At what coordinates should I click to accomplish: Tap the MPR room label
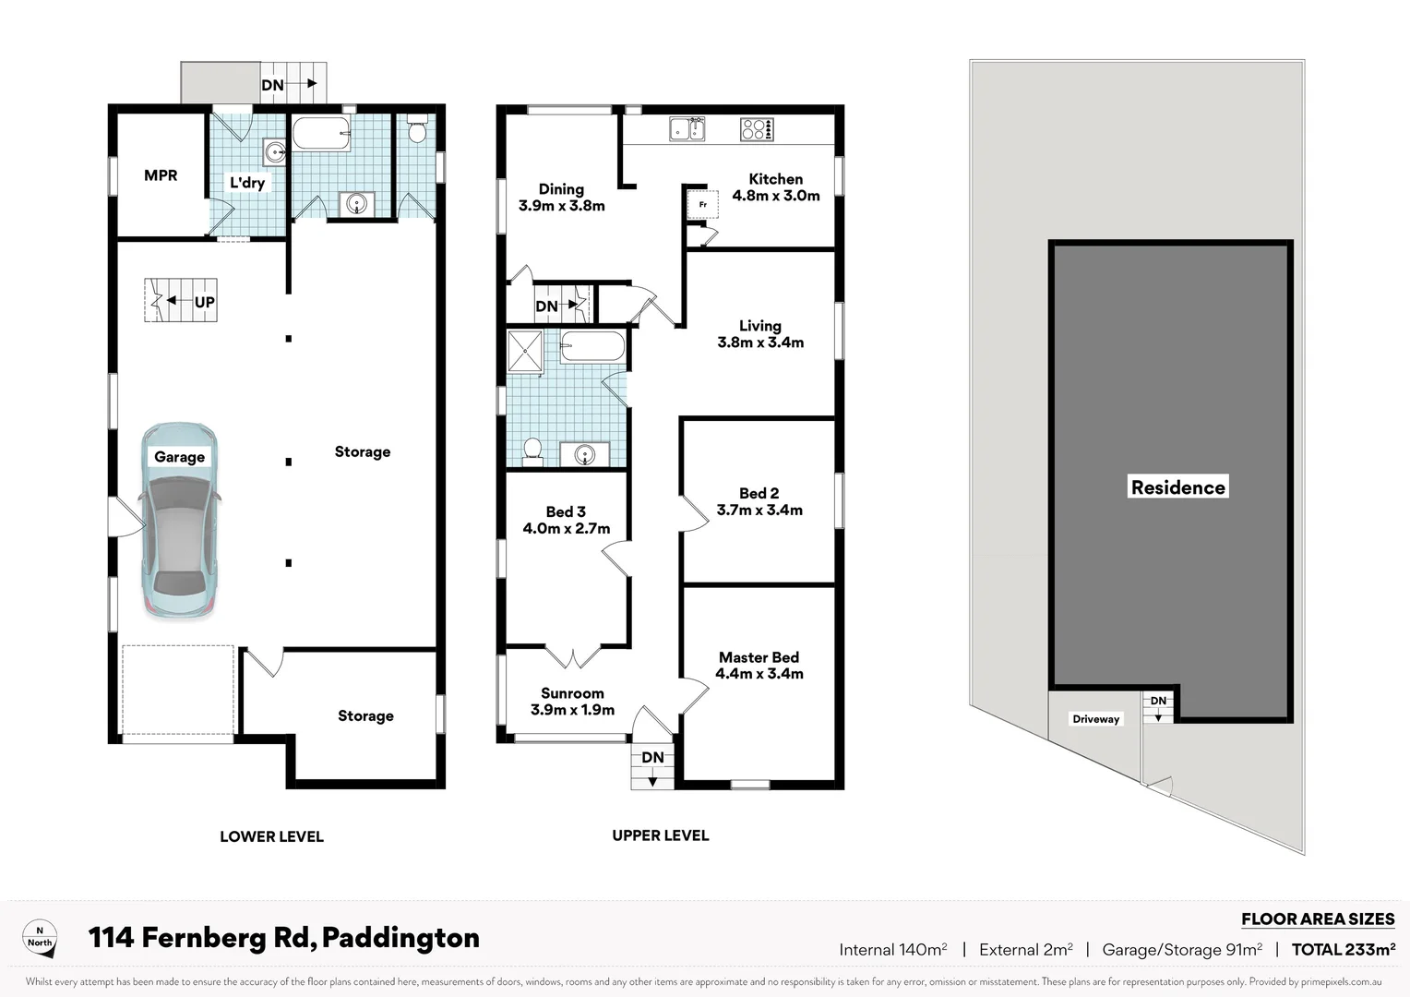point(161,175)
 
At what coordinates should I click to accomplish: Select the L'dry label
point(247,183)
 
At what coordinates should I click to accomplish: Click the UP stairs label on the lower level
point(204,302)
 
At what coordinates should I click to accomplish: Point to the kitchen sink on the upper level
point(687,129)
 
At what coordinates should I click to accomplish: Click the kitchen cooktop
point(757,129)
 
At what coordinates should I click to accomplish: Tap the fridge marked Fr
point(702,204)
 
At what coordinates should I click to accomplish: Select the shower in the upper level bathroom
point(525,354)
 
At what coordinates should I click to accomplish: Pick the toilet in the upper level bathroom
point(532,450)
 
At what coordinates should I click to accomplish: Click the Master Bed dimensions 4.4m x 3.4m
point(759,674)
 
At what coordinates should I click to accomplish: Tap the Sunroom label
point(572,693)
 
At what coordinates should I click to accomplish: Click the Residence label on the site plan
point(1178,487)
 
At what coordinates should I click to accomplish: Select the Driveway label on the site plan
point(1095,719)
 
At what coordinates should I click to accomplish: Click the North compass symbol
point(40,938)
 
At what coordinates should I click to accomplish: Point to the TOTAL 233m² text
point(1343,949)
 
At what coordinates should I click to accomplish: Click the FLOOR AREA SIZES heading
point(1318,919)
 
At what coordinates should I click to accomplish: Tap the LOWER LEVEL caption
point(271,836)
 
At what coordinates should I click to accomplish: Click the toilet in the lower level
point(416,133)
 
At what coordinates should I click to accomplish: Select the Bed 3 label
point(566,511)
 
